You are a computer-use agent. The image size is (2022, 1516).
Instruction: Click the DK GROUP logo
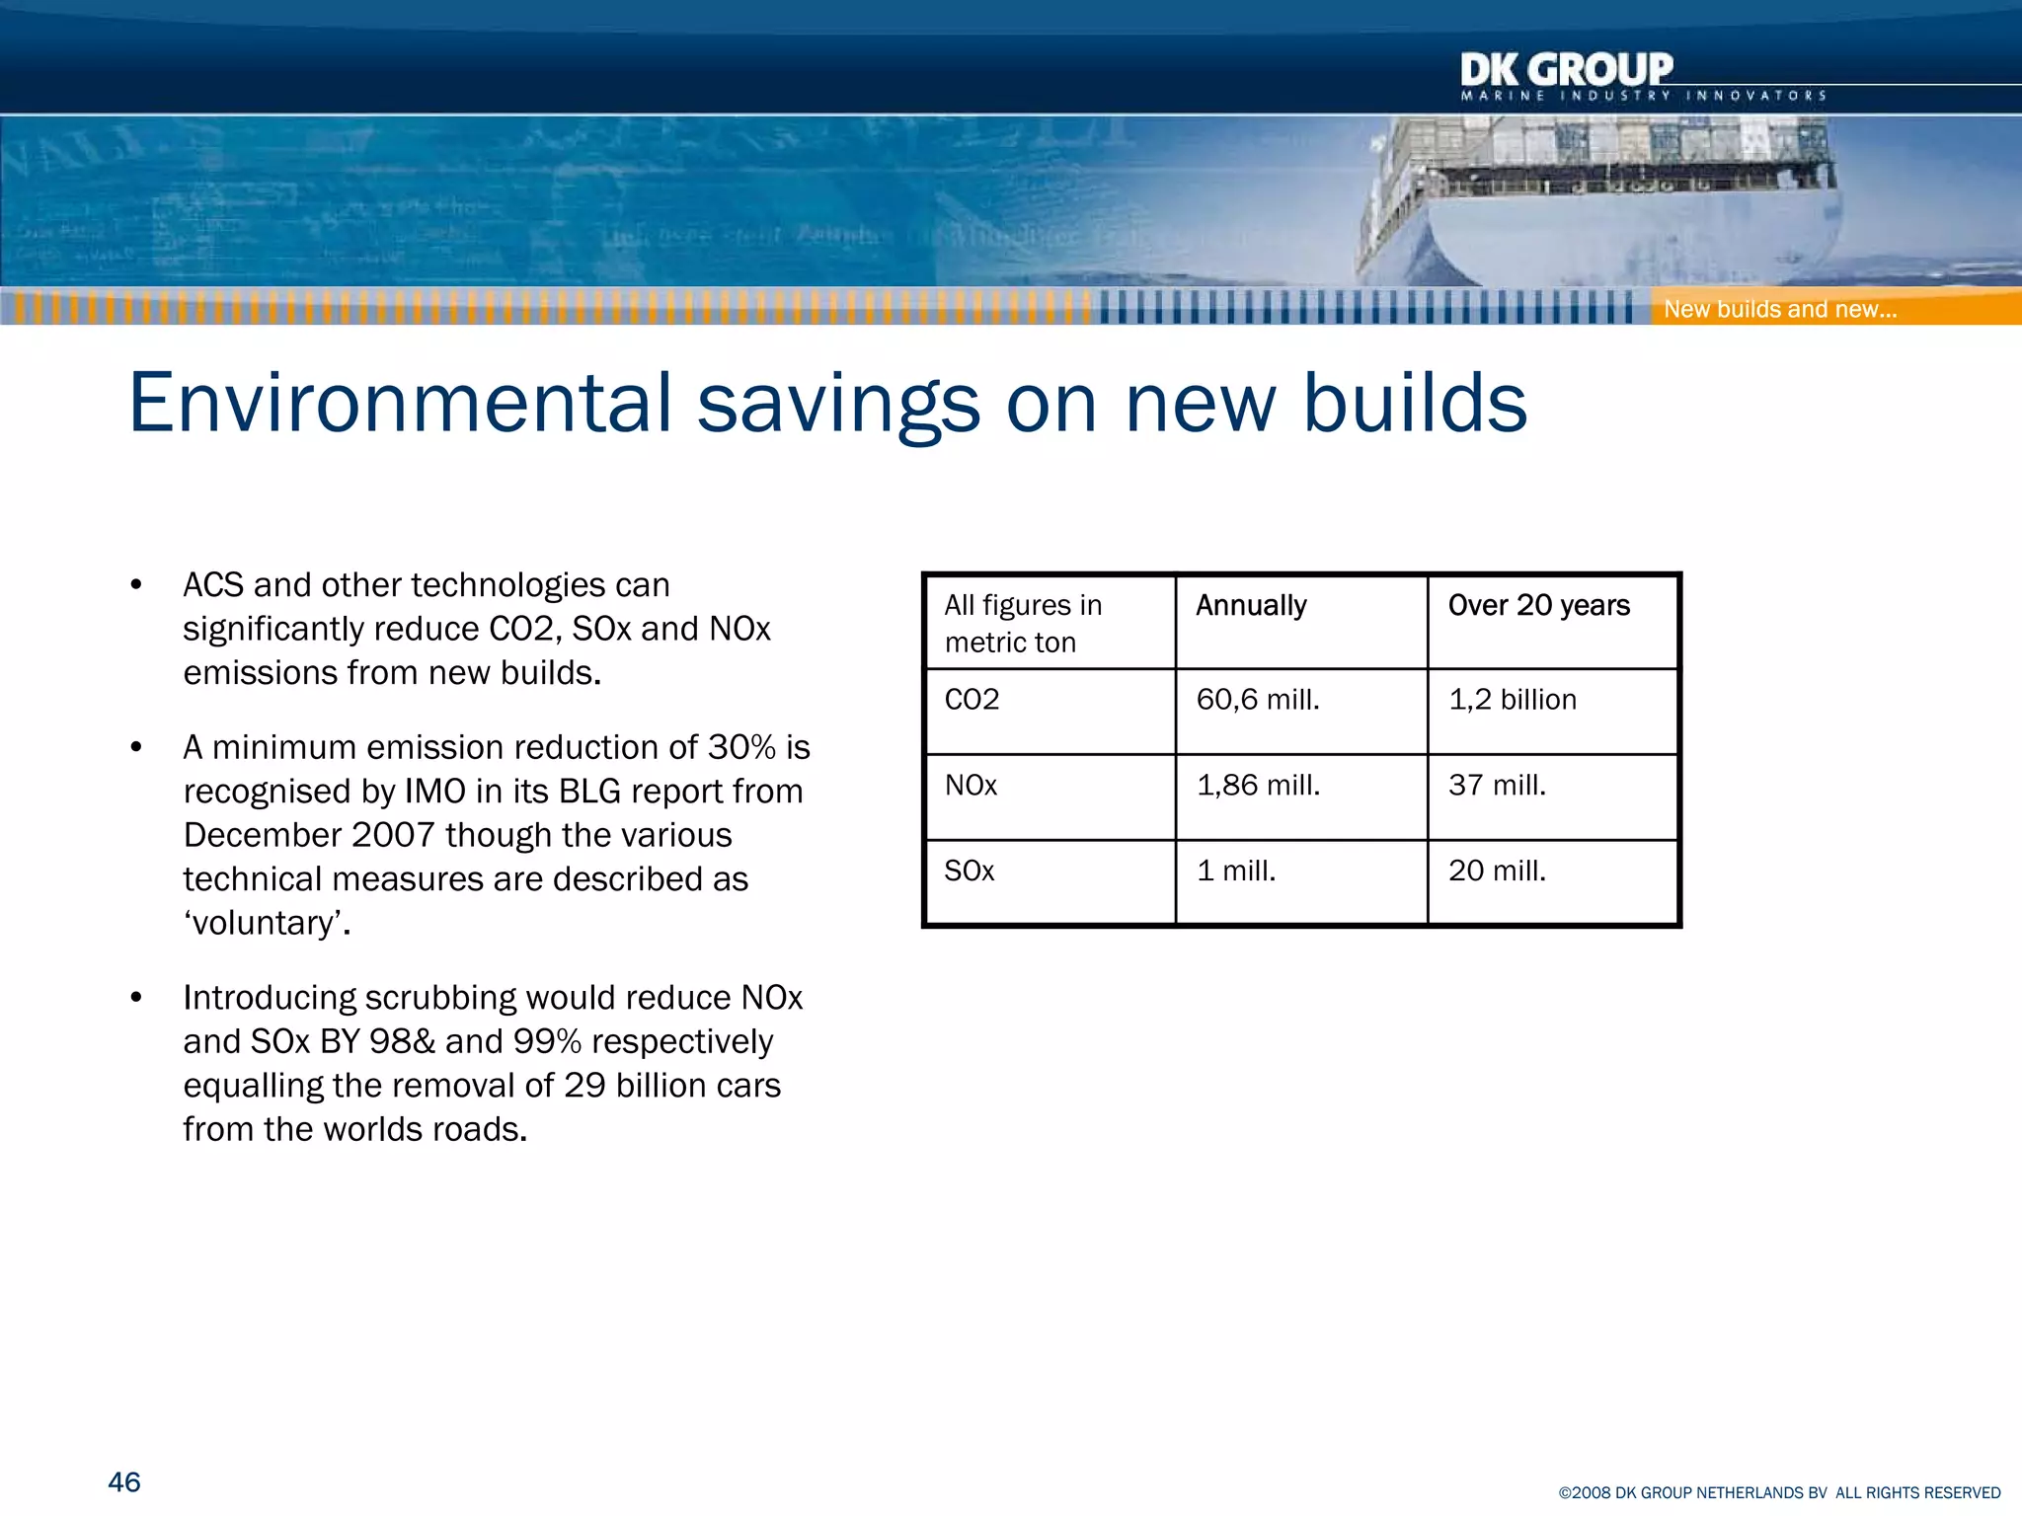1567,73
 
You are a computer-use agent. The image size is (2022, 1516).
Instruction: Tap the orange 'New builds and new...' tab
1779,309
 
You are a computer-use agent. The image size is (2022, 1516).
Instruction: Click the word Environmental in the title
399,403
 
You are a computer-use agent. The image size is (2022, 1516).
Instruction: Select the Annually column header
1251,605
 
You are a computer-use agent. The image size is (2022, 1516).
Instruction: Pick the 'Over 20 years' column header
1538,605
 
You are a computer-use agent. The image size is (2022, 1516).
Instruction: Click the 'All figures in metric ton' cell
1023,623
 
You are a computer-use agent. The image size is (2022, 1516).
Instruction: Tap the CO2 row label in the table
972,700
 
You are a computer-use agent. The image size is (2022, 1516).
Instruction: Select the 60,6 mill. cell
1258,700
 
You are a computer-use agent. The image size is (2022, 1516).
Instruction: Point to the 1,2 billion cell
1512,700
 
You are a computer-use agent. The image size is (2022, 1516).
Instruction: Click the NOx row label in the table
971,786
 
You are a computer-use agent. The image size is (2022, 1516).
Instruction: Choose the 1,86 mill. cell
1258,786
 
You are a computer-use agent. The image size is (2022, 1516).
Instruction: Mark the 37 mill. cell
1497,786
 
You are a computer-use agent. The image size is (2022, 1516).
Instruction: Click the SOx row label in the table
969,872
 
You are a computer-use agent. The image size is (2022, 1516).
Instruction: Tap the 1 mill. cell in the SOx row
1236,872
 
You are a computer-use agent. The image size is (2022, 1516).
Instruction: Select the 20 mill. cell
1497,872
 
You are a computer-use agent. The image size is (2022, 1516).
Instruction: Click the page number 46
124,1481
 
